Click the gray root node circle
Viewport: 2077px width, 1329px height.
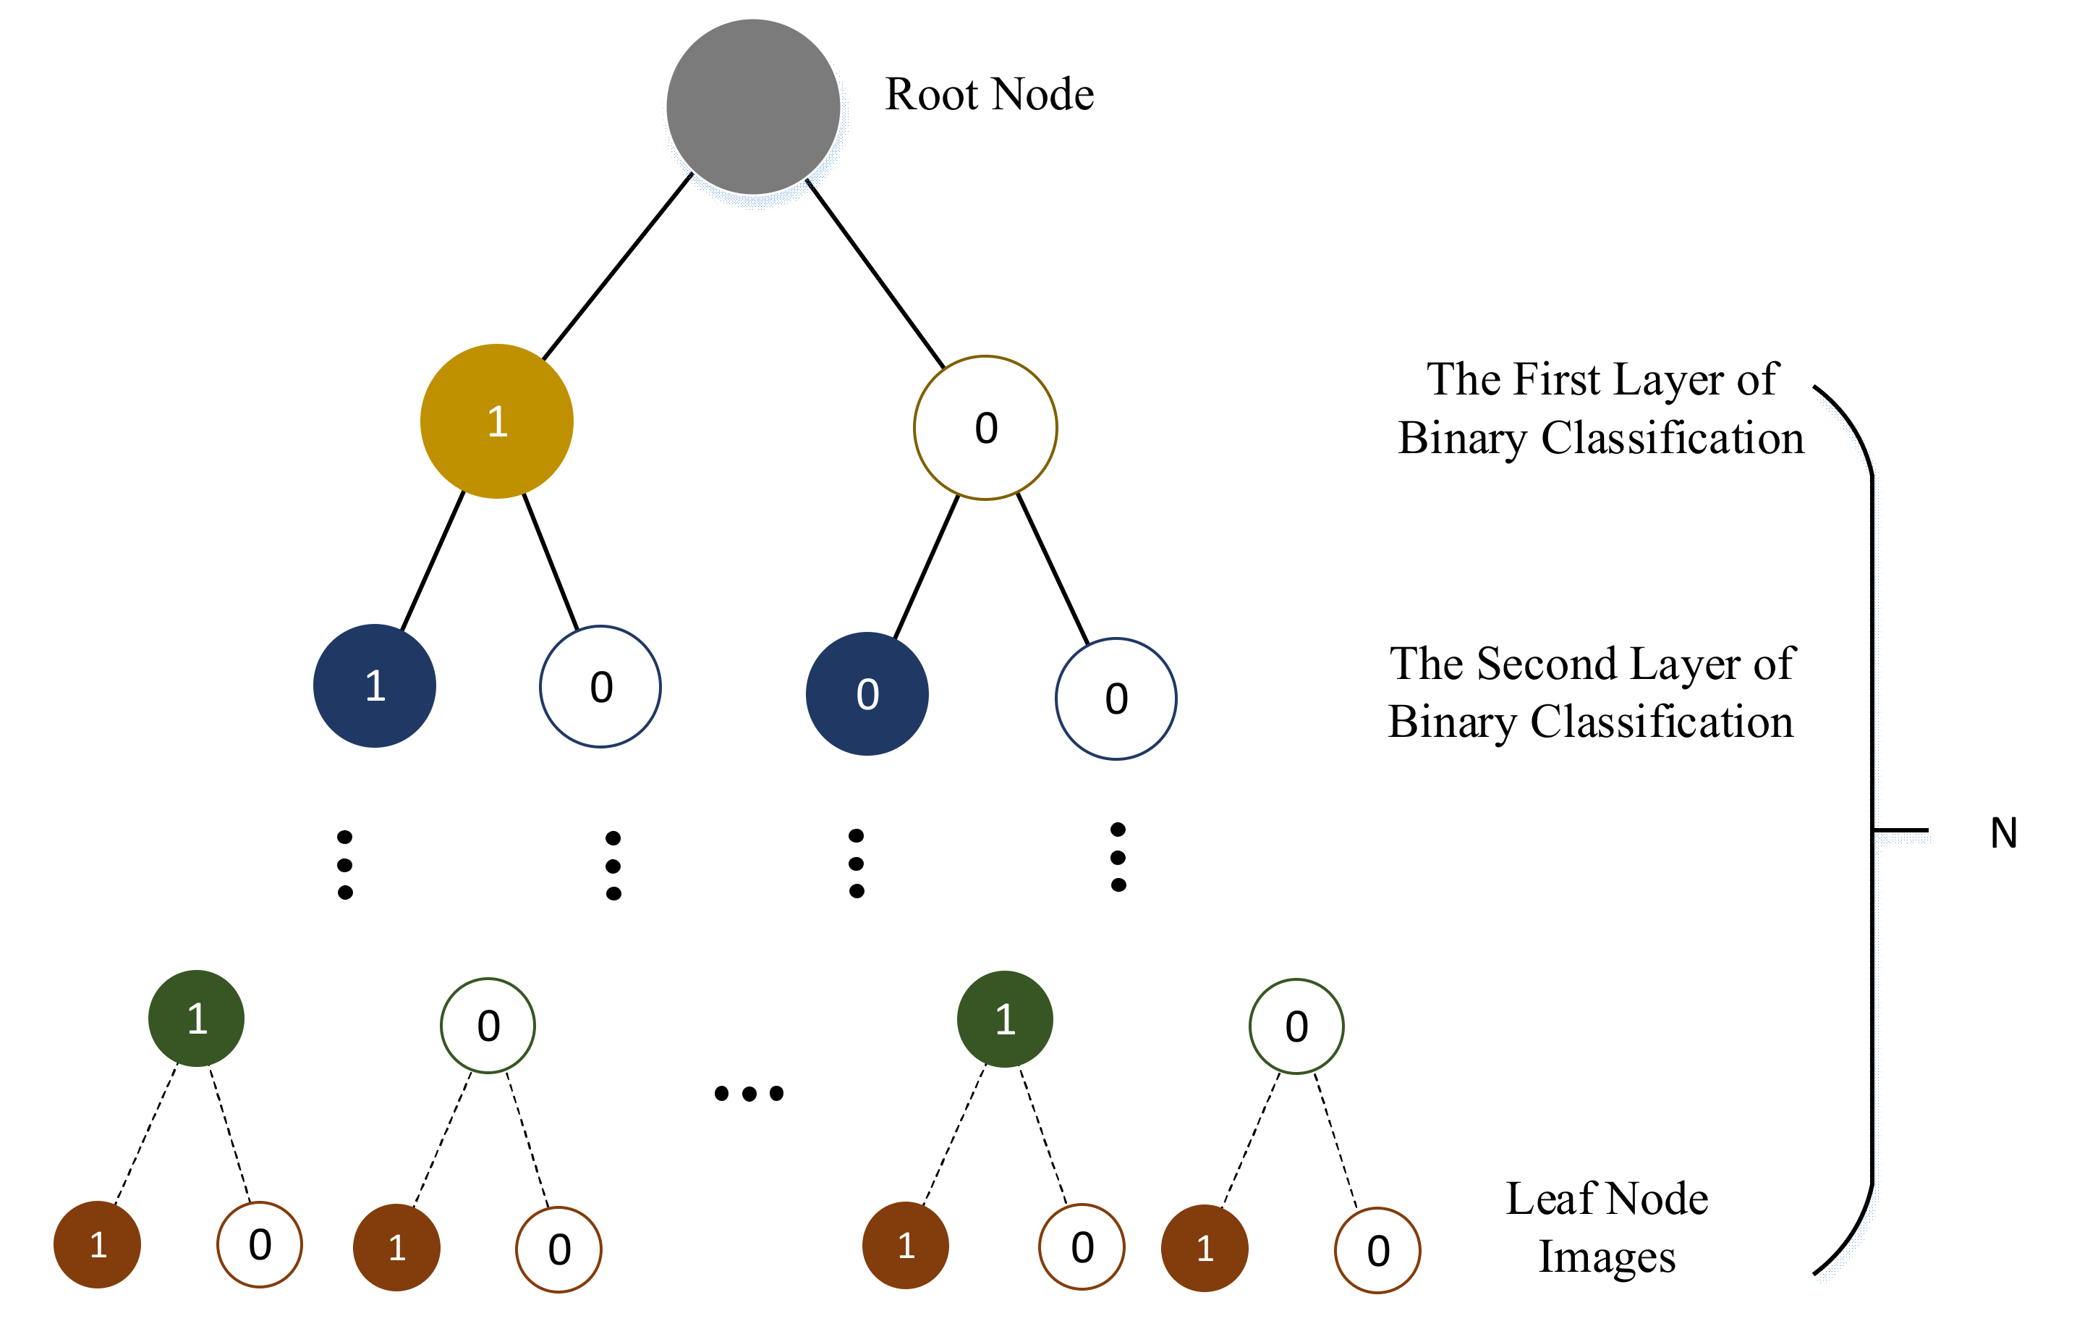point(753,107)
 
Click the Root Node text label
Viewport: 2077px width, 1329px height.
point(990,94)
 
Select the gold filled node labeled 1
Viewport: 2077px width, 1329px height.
point(497,421)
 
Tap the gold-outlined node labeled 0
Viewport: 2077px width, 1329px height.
point(985,428)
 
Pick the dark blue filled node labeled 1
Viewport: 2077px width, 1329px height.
point(374,686)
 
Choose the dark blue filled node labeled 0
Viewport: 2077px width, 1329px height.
point(867,694)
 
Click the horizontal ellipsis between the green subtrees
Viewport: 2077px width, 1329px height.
point(749,1094)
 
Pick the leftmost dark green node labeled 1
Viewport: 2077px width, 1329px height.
point(197,1018)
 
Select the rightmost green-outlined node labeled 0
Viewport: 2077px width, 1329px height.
point(1296,1026)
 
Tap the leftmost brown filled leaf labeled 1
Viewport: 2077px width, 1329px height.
point(98,1244)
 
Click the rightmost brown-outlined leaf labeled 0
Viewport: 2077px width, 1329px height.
point(1377,1251)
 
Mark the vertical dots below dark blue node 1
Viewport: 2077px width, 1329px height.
point(345,865)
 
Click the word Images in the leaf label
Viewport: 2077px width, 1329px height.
point(1606,1257)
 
